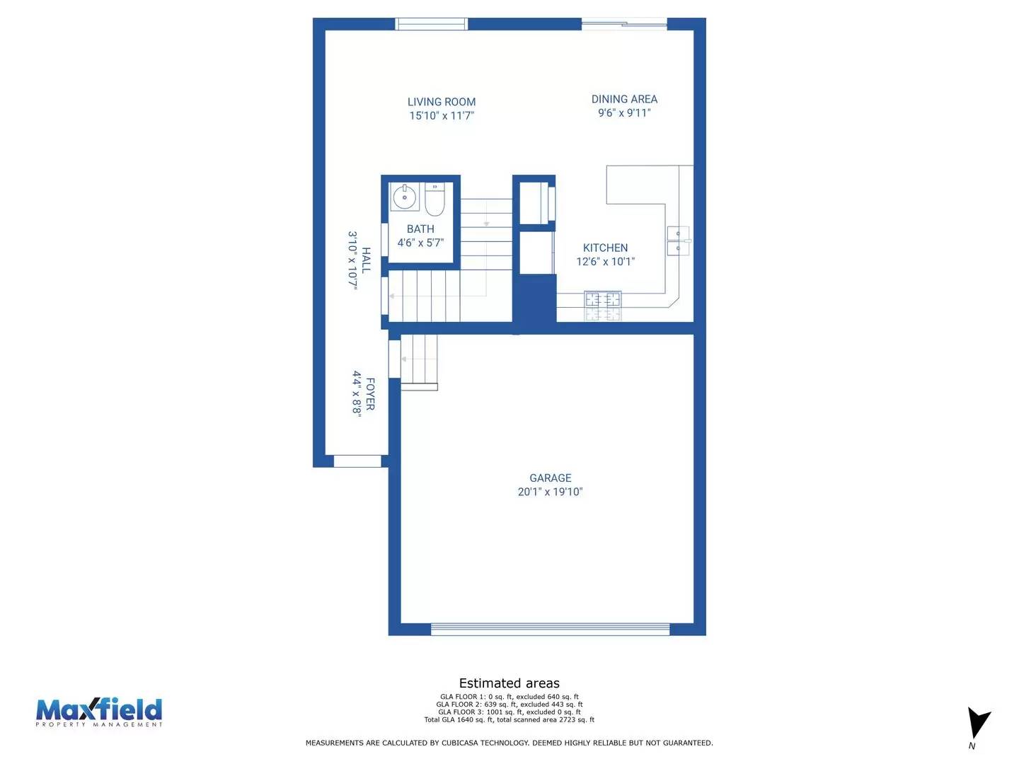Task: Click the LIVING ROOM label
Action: pyautogui.click(x=442, y=102)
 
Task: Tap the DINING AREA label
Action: pyautogui.click(x=624, y=99)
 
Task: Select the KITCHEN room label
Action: pyautogui.click(x=605, y=248)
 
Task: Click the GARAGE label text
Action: pyautogui.click(x=550, y=478)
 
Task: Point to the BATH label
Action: pyautogui.click(x=420, y=229)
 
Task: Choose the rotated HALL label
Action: pyautogui.click(x=366, y=260)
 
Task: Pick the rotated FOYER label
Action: pyautogui.click(x=370, y=393)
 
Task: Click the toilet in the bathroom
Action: pyautogui.click(x=434, y=200)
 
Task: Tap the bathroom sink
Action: pyautogui.click(x=405, y=197)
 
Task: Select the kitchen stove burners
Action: pyautogui.click(x=603, y=306)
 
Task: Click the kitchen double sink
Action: pyautogui.click(x=677, y=241)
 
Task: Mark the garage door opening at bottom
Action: pyautogui.click(x=550, y=629)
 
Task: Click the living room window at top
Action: pyautogui.click(x=432, y=24)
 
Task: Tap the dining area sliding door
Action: pyautogui.click(x=624, y=24)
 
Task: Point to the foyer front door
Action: pyautogui.click(x=357, y=461)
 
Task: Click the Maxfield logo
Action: pyautogui.click(x=99, y=712)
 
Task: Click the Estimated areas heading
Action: pyautogui.click(x=509, y=683)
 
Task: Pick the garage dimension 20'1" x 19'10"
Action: pyautogui.click(x=550, y=492)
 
